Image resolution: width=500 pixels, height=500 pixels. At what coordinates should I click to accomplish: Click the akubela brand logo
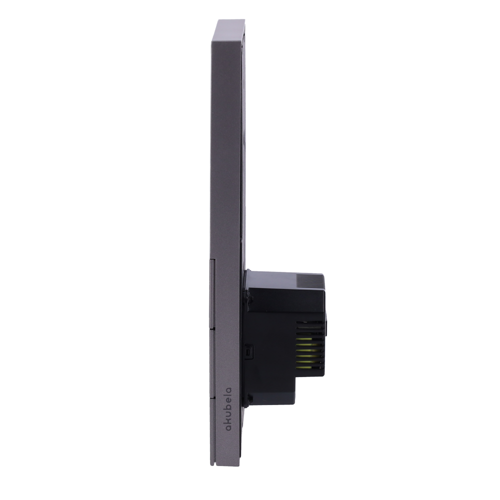pos(228,409)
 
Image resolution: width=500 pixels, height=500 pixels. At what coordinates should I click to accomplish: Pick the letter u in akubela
pos(229,412)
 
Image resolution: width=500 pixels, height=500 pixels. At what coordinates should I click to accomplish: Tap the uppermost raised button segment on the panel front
pos(212,293)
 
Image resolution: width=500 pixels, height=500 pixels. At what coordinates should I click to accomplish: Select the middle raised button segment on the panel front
pos(212,363)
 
